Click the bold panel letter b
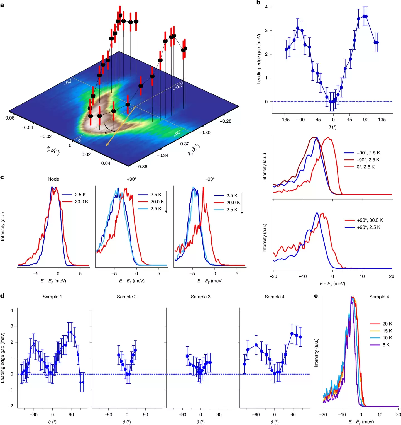tap(258, 3)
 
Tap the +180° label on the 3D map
tap(178, 86)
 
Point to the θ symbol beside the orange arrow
tap(106, 132)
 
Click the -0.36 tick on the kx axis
tap(141, 167)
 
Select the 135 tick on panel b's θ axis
tap(382, 120)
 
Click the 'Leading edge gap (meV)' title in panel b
tap(259, 59)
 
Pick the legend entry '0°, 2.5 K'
tap(365, 167)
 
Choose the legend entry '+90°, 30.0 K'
tap(370, 220)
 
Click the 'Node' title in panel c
tap(53, 179)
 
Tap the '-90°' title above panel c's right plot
tap(210, 179)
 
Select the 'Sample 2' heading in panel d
tap(127, 297)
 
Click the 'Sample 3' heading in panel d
tap(200, 297)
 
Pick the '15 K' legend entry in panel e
tap(387, 331)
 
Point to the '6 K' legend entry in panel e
tap(386, 345)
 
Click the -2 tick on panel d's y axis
tap(11, 406)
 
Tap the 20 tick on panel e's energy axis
tap(398, 414)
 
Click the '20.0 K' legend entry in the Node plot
tap(81, 202)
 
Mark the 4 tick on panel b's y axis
tap(266, 7)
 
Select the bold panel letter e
tap(316, 296)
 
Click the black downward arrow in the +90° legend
tap(166, 202)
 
